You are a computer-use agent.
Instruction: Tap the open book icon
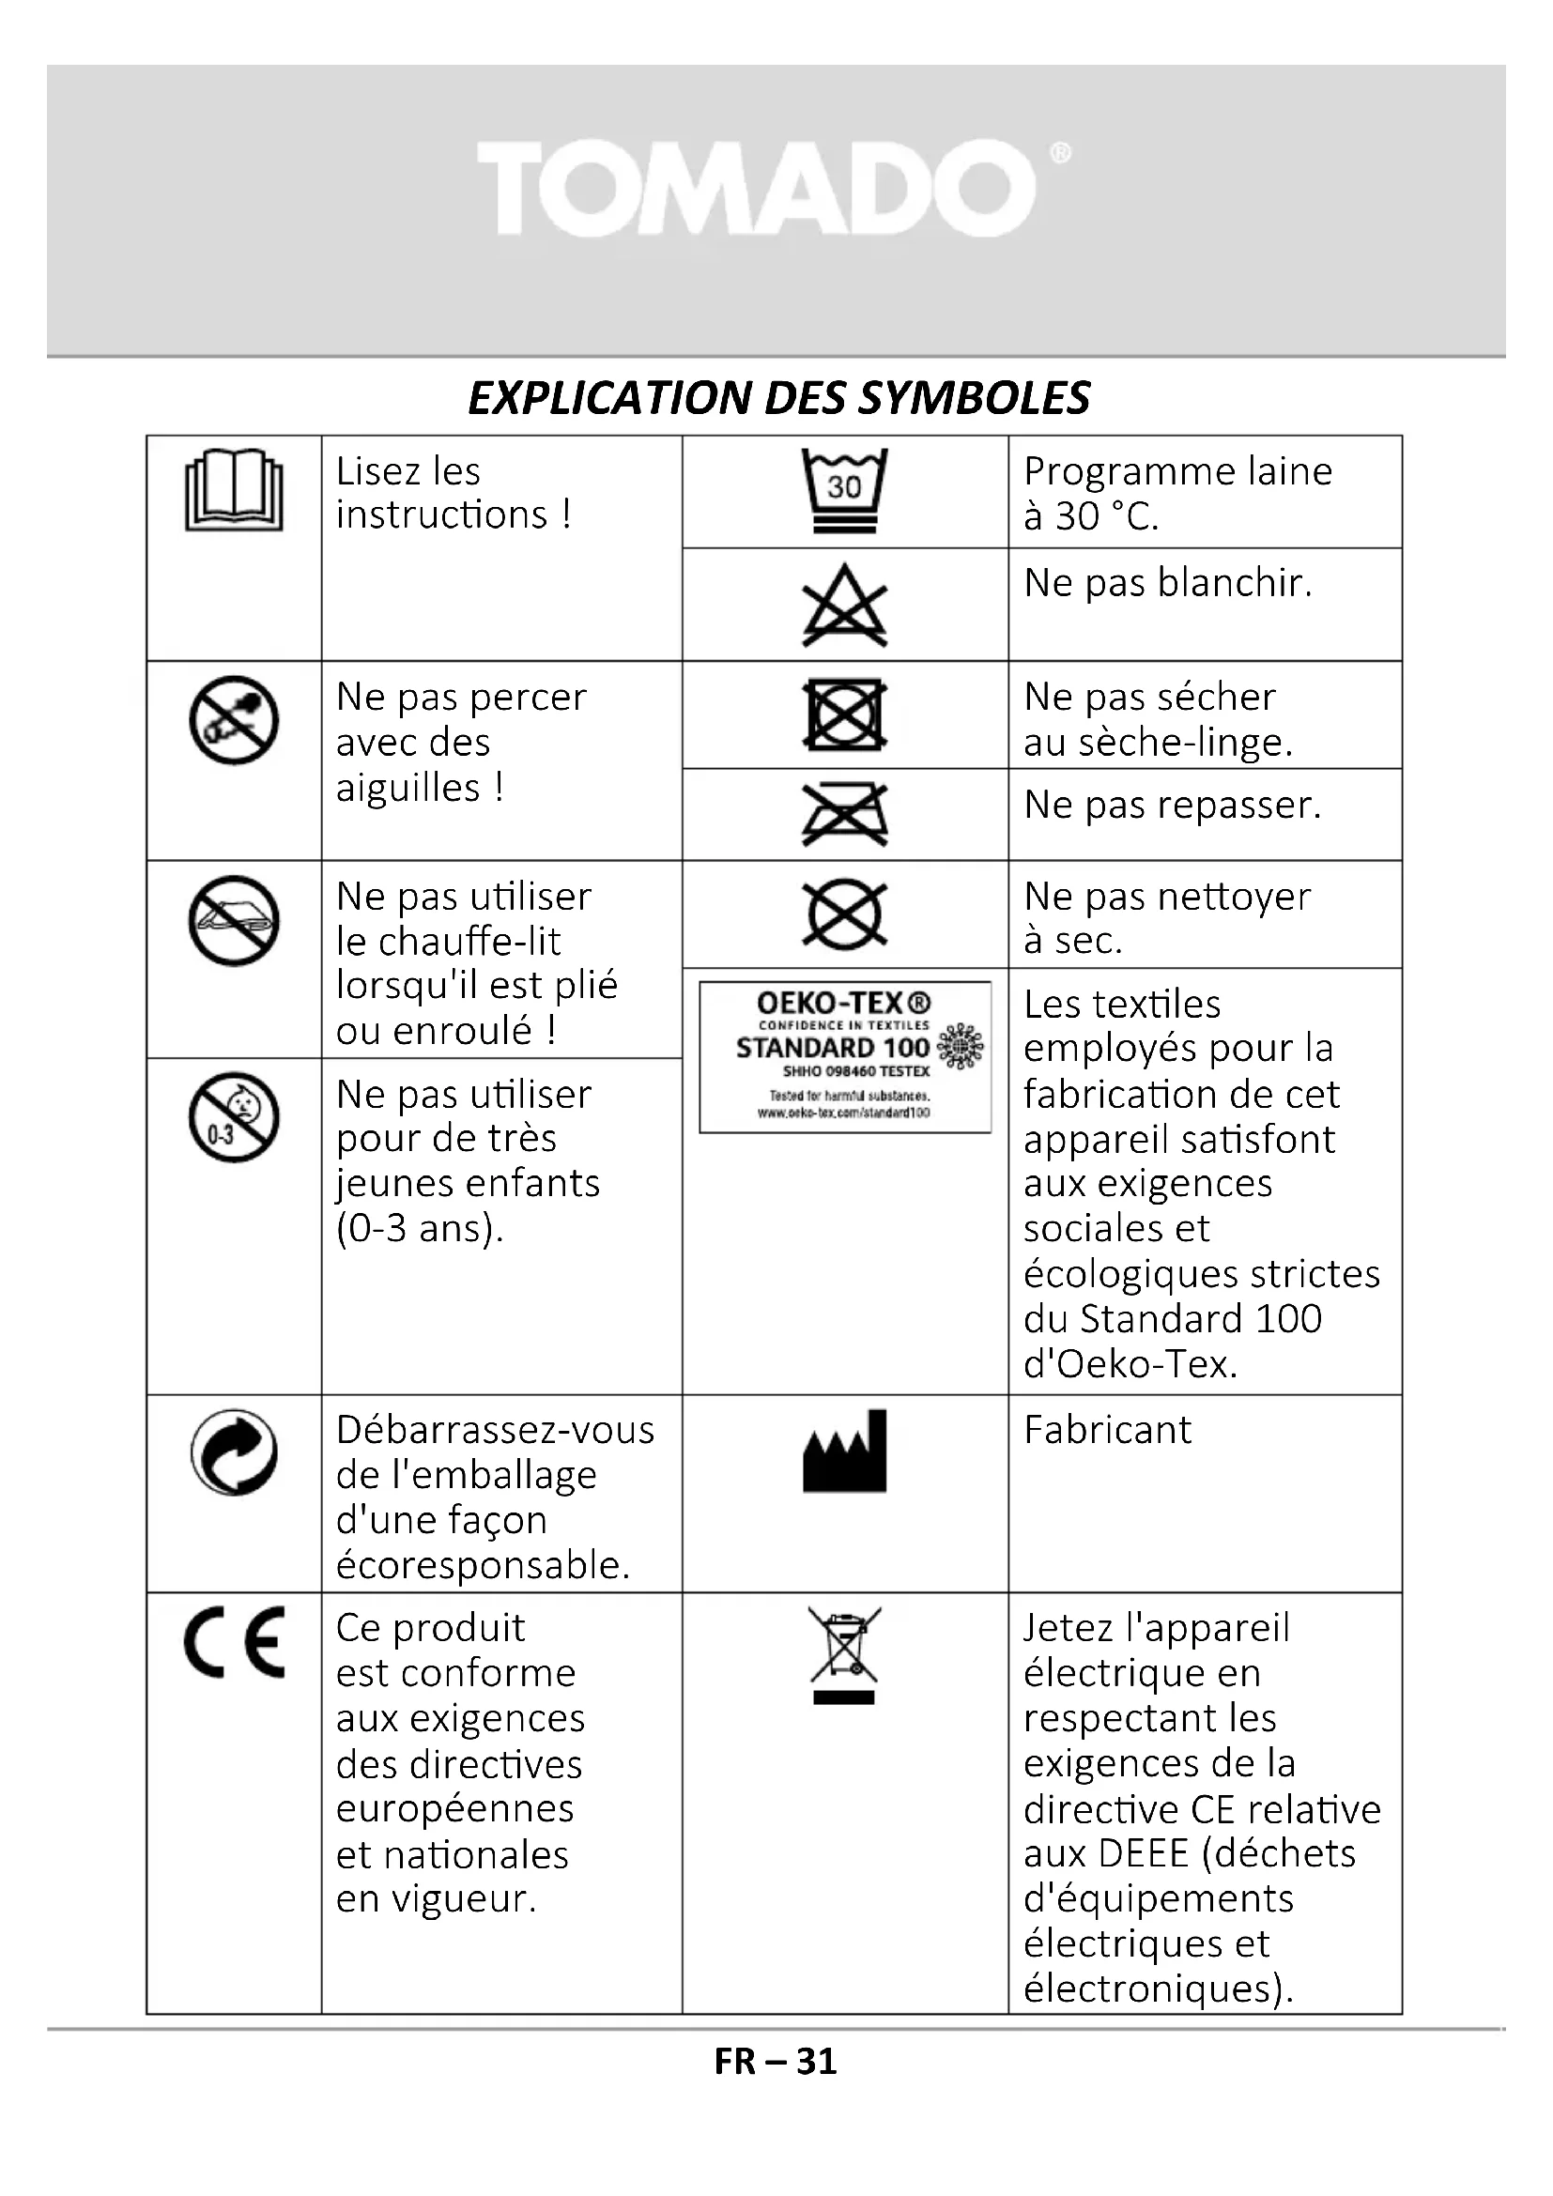click(x=234, y=490)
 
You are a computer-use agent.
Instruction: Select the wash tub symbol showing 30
click(x=844, y=490)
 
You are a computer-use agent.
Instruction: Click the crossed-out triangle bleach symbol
click(x=844, y=607)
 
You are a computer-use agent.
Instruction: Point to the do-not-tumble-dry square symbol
click(x=844, y=714)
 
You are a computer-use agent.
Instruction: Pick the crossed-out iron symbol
click(x=844, y=815)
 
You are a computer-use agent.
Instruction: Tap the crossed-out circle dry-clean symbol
click(x=844, y=915)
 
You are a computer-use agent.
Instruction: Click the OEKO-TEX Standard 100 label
click(x=845, y=1057)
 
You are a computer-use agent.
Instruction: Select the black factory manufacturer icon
click(x=844, y=1451)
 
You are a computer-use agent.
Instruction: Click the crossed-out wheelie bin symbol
click(x=844, y=1654)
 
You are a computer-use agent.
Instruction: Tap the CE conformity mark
click(x=236, y=1642)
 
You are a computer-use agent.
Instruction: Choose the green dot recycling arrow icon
click(x=235, y=1451)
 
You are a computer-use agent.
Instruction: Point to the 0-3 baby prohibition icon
click(x=235, y=1117)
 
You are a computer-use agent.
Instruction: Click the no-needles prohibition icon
click(x=235, y=720)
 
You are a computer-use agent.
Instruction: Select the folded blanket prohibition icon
click(x=235, y=920)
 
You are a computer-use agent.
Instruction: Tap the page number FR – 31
click(x=776, y=2062)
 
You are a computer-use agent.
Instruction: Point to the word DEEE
click(x=1144, y=1853)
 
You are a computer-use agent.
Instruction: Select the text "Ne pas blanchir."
click(x=1168, y=582)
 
